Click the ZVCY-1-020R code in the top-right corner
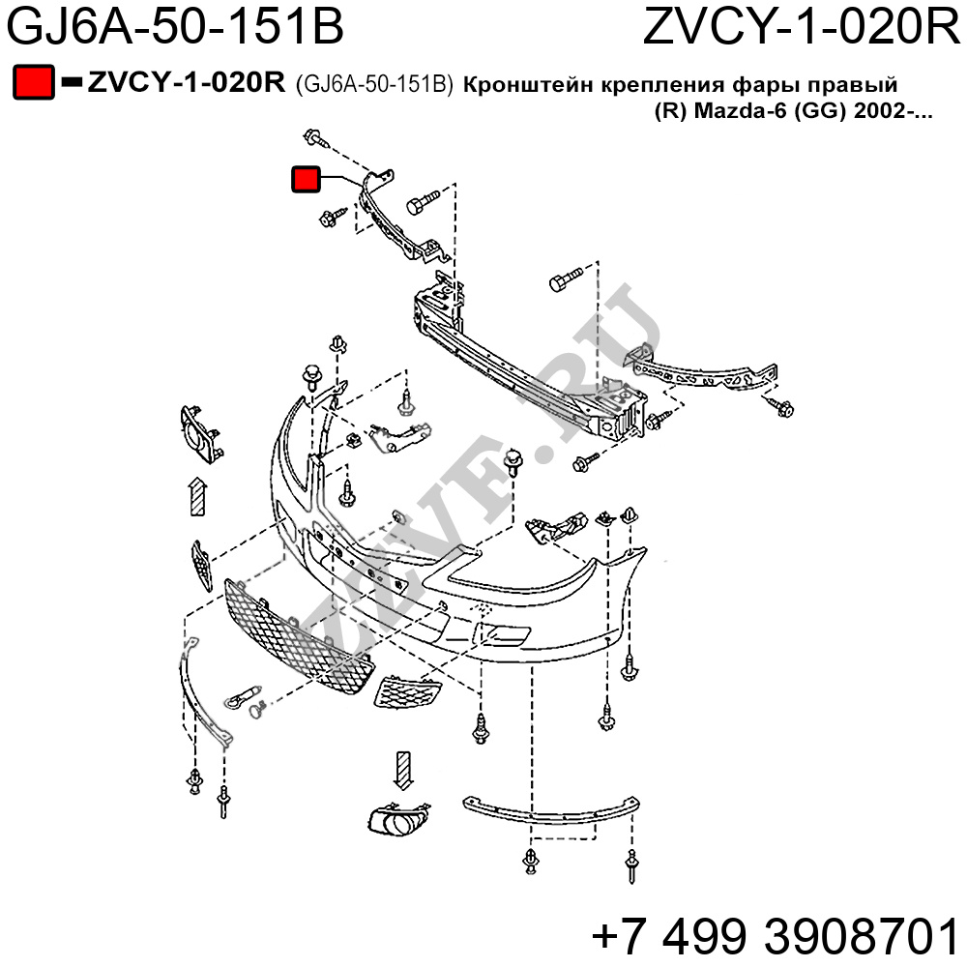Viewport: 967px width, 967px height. pyautogui.click(x=802, y=28)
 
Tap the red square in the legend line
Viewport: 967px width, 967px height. pyautogui.click(x=33, y=83)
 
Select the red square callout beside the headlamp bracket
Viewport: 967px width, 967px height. pyautogui.click(x=306, y=180)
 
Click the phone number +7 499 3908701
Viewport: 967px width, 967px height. pyautogui.click(x=774, y=936)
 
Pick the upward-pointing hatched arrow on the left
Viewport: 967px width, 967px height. pyautogui.click(x=196, y=497)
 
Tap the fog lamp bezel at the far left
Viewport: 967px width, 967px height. pyautogui.click(x=199, y=434)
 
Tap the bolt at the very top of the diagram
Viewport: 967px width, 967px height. pyautogui.click(x=312, y=135)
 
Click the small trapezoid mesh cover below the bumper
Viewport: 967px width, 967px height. pyautogui.click(x=408, y=690)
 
